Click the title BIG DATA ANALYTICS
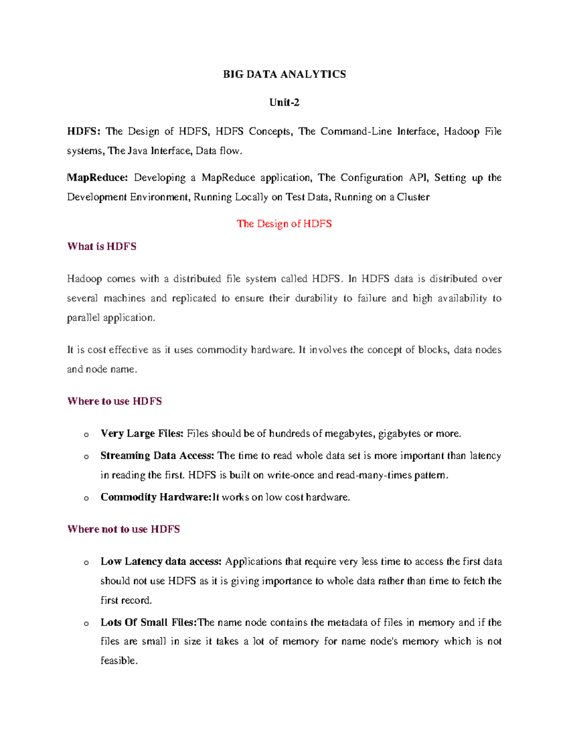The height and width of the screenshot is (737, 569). (284, 74)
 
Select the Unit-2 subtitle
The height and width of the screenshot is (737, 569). (284, 103)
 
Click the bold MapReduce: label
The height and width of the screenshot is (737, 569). (97, 178)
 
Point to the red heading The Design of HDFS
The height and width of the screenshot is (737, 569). (284, 224)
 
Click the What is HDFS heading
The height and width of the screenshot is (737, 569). (102, 246)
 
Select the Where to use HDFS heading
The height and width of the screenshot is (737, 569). (114, 401)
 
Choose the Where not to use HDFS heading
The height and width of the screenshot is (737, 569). (123, 529)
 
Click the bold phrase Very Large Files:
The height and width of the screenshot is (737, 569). (142, 433)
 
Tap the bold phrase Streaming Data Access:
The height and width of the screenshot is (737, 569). (157, 456)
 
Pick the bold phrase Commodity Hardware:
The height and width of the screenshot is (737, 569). (155, 497)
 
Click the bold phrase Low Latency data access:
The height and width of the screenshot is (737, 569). (161, 561)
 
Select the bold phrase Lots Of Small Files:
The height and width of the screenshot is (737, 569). (148, 622)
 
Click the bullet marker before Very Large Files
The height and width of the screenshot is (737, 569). (86, 434)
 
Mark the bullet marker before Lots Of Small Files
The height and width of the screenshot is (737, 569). (86, 623)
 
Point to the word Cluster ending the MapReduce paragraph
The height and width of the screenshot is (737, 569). (413, 197)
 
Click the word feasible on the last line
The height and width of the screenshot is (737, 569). (119, 661)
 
